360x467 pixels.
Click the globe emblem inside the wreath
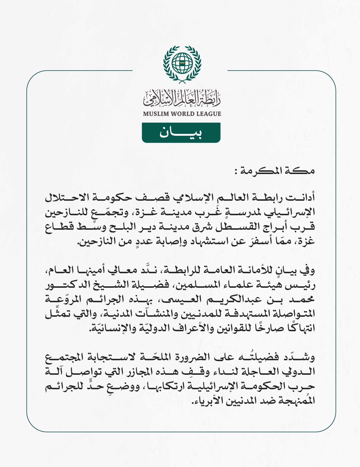tap(182, 63)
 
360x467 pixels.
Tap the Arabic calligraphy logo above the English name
tap(182, 98)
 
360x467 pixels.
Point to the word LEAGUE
tap(208, 114)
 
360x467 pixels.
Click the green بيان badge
tap(181, 133)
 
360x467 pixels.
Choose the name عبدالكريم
tap(232, 300)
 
